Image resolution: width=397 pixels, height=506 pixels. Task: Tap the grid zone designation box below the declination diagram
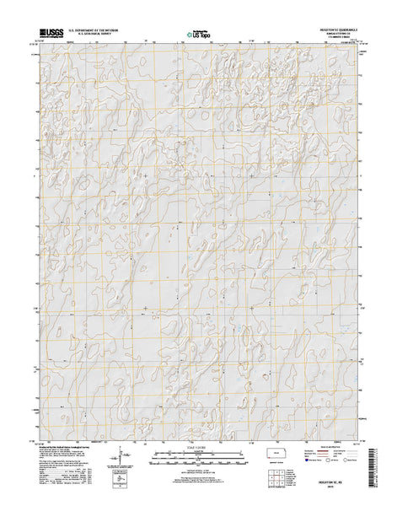(x=120, y=481)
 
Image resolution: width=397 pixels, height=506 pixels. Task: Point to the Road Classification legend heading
(x=340, y=449)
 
